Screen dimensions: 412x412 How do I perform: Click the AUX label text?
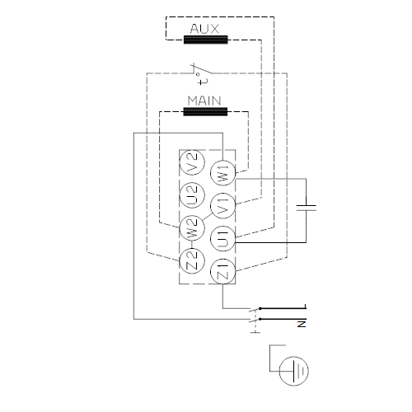point(204,29)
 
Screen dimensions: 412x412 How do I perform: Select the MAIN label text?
point(204,101)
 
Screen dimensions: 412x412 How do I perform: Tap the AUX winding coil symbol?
point(206,40)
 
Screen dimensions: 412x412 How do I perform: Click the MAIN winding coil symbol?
point(205,112)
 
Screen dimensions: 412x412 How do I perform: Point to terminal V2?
point(192,162)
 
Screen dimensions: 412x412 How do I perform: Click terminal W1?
point(223,173)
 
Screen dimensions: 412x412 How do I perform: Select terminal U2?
point(192,195)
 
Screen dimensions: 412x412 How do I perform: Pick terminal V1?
point(223,205)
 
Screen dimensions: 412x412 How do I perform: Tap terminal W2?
point(192,227)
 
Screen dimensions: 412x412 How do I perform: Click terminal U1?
point(223,238)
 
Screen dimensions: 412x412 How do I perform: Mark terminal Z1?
point(223,271)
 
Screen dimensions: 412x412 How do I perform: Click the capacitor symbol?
point(307,208)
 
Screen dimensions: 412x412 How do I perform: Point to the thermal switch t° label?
point(203,78)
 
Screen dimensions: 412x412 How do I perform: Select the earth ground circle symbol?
point(293,371)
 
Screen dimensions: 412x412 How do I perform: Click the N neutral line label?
point(302,324)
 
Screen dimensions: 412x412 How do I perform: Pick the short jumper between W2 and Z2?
point(192,244)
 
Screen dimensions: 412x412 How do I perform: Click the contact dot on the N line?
point(260,319)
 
